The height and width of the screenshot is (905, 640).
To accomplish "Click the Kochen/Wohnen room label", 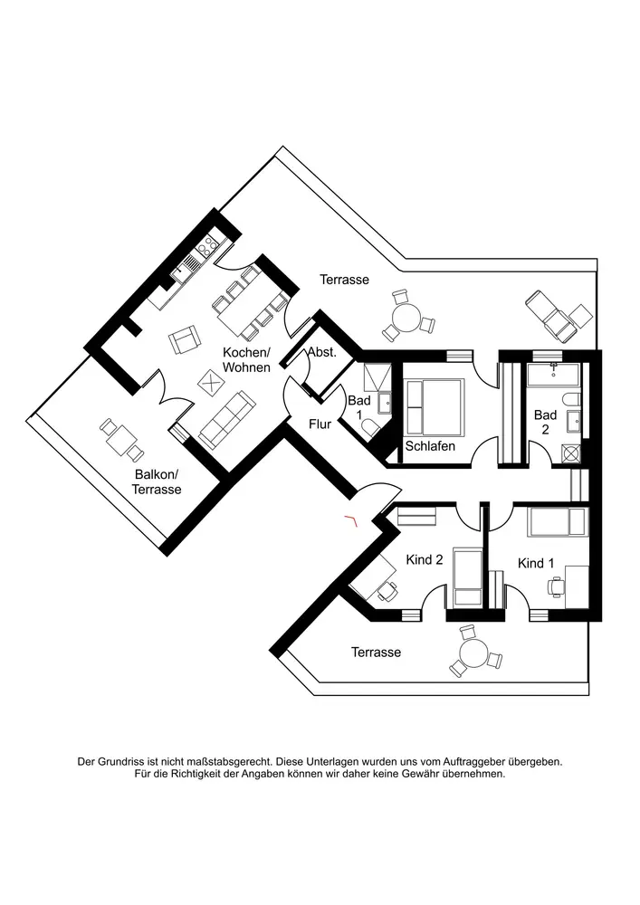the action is coord(246,360).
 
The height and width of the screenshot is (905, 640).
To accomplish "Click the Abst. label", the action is coord(322,353).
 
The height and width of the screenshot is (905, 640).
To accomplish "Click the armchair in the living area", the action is coord(185,341).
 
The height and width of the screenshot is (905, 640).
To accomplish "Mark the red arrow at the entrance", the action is coord(350,519).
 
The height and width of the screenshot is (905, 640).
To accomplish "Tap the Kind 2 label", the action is coord(424,560).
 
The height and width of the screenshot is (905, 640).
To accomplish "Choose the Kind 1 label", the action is coord(536,563).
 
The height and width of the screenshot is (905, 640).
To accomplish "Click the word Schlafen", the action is coord(430,446).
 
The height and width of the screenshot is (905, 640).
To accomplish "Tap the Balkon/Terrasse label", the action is coord(158,481).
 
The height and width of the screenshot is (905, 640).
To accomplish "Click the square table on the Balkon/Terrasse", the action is coord(120,439).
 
